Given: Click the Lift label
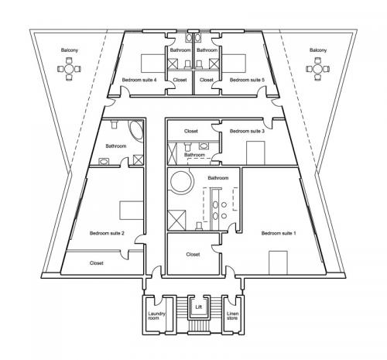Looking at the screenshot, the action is click(198, 307).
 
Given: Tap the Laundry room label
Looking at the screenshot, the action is click(156, 316).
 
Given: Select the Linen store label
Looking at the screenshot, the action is click(232, 316).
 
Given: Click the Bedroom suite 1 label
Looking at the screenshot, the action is click(279, 233).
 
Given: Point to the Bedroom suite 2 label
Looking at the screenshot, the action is click(107, 233).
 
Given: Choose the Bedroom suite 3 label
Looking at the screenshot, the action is click(247, 131).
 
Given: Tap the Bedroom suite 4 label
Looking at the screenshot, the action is click(139, 80).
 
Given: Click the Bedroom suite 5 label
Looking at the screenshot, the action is click(247, 80).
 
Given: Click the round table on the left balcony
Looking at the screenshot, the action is click(69, 69).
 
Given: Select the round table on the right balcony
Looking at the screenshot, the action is click(318, 69).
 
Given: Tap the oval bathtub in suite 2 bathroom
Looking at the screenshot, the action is click(136, 131).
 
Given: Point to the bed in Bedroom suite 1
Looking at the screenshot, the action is click(278, 262).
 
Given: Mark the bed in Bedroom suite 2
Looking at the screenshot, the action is click(131, 210).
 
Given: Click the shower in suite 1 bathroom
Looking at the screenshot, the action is click(176, 220).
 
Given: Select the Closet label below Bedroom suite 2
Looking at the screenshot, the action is click(97, 263).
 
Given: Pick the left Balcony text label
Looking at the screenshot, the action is click(69, 50).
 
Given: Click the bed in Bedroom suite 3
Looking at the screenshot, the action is click(255, 153).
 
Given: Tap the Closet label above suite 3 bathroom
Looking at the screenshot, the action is click(191, 131).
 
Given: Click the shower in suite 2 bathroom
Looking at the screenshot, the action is click(139, 159).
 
